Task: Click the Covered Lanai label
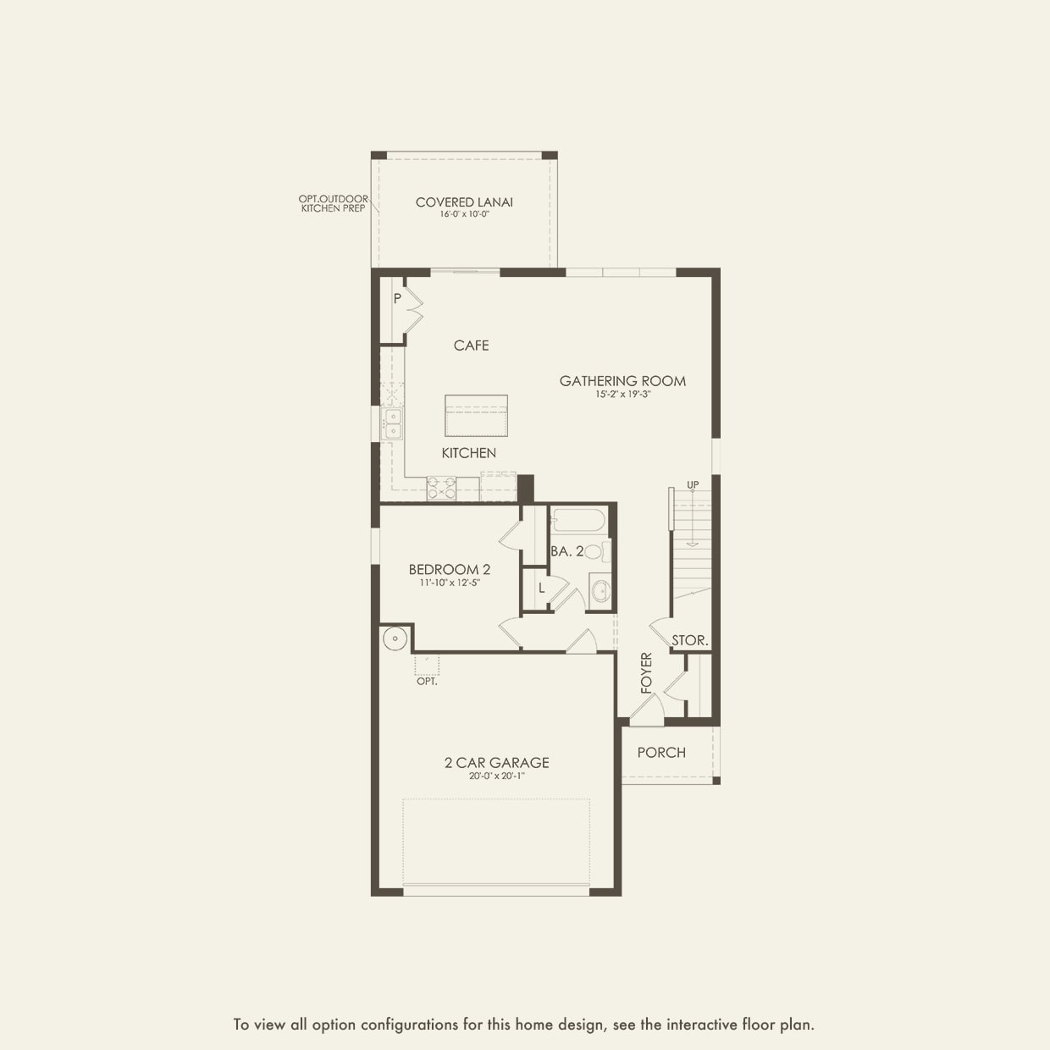[464, 202]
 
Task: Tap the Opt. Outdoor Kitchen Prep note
[334, 204]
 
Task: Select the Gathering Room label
[622, 381]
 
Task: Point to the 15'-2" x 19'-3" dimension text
[622, 395]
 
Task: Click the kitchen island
[476, 416]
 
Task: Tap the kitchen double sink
[393, 423]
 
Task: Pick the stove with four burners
[441, 489]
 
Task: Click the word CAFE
[471, 345]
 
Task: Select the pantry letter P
[397, 299]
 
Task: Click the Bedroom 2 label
[449, 570]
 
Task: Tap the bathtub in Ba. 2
[578, 520]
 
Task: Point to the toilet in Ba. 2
[594, 552]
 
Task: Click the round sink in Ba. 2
[600, 591]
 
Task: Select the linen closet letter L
[542, 588]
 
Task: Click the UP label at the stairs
[693, 485]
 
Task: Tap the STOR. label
[689, 641]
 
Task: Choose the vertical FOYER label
[647, 672]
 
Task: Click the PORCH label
[661, 753]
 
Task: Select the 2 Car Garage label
[497, 763]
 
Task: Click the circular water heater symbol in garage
[394, 638]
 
